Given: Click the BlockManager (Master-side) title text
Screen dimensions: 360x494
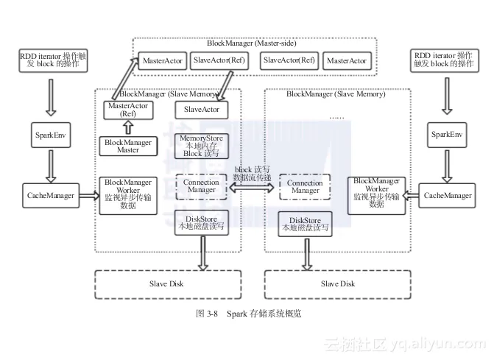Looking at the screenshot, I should coord(255,44).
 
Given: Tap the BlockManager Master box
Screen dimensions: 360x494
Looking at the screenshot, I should coord(129,145).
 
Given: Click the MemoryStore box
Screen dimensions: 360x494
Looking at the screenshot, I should coord(201,145).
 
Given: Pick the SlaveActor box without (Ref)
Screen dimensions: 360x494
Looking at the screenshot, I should coord(201,110).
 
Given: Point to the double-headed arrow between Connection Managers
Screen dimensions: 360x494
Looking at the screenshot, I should coord(253,189).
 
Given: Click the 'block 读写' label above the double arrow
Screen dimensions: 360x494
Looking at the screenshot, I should coord(253,169).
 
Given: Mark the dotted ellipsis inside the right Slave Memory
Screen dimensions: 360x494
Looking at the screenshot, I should coord(336,116).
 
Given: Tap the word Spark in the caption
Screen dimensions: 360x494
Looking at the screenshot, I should coord(237,314).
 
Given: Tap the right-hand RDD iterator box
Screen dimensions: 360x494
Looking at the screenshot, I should coord(443,60).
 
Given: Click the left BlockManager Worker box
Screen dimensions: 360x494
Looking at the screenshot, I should coord(129,194).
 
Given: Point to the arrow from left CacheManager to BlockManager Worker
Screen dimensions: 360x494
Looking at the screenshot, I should coord(87,195).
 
